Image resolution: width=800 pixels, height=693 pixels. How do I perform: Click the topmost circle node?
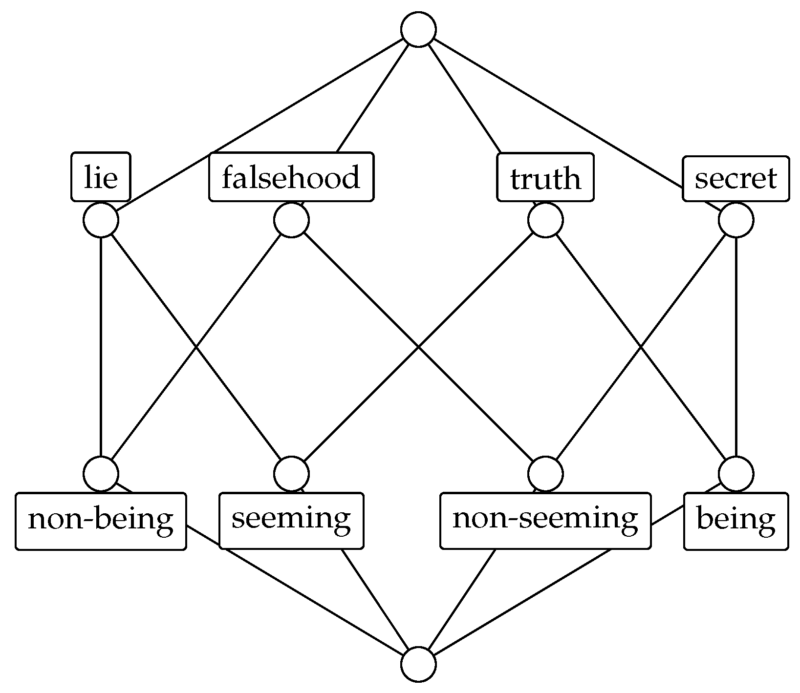[x=418, y=30]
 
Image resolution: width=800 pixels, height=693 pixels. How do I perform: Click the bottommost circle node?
[x=418, y=664]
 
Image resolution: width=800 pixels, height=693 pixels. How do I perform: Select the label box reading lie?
[x=101, y=177]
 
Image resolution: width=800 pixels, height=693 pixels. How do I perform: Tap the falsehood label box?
[x=291, y=177]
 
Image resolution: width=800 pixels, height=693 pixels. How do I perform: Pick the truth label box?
[x=545, y=178]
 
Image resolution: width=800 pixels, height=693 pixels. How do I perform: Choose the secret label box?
[x=735, y=178]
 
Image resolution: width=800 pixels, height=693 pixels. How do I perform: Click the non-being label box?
[x=101, y=521]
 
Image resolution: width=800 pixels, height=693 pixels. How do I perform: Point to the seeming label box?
[x=291, y=521]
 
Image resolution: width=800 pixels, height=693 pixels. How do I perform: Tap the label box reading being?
[x=735, y=522]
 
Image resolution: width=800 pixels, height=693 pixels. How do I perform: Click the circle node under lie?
[x=101, y=220]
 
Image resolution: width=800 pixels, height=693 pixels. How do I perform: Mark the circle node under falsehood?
[x=291, y=220]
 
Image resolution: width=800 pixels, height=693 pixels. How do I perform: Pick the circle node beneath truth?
[x=545, y=220]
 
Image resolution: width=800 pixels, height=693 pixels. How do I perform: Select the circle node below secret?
[x=735, y=220]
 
